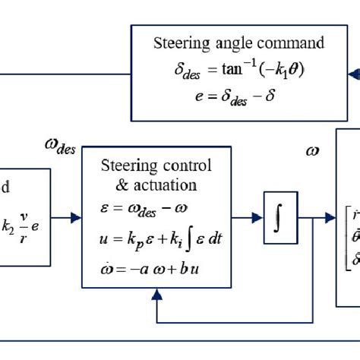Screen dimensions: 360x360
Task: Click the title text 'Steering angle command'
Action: tap(238, 43)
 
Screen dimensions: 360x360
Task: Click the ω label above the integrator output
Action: tap(312, 150)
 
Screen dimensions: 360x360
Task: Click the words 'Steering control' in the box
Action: tap(156, 166)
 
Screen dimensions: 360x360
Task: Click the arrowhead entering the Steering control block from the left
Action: tap(76, 218)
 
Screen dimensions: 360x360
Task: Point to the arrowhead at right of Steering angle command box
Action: tap(352, 74)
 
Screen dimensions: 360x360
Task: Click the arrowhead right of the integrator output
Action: tap(330, 218)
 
